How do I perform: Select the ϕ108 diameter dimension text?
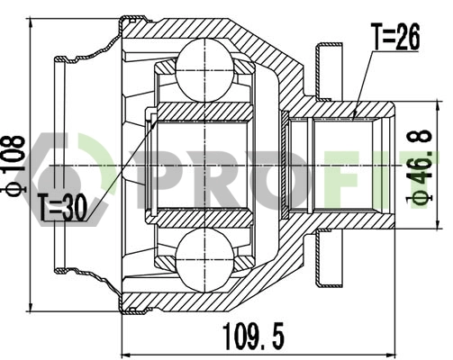pos(16,166)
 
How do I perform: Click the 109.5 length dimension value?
pos(255,337)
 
